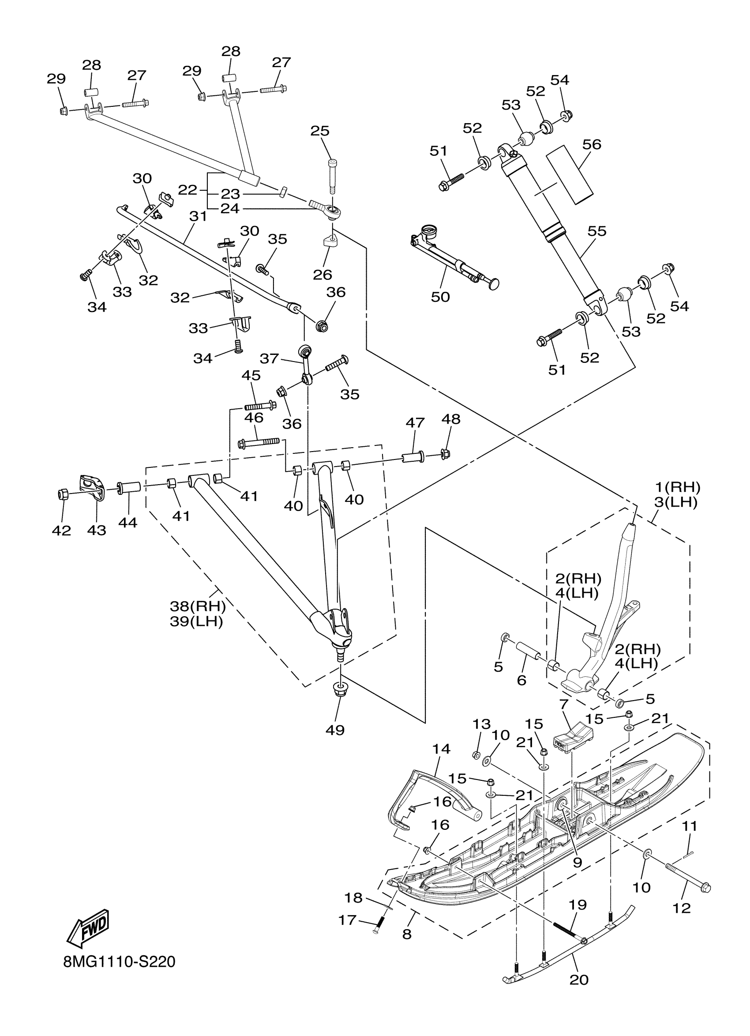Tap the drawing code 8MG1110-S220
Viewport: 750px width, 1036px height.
click(120, 962)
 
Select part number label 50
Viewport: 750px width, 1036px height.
click(440, 297)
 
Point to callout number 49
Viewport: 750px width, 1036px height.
click(334, 730)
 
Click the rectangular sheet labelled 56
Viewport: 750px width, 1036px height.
click(570, 174)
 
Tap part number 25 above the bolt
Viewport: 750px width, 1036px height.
click(319, 131)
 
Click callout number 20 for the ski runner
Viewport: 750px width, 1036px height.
click(579, 979)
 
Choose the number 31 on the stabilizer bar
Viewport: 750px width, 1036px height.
click(198, 216)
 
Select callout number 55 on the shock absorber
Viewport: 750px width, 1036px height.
click(596, 231)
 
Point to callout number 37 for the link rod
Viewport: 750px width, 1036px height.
click(269, 358)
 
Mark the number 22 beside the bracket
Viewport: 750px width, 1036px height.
click(187, 190)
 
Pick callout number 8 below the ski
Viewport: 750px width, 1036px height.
click(407, 934)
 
